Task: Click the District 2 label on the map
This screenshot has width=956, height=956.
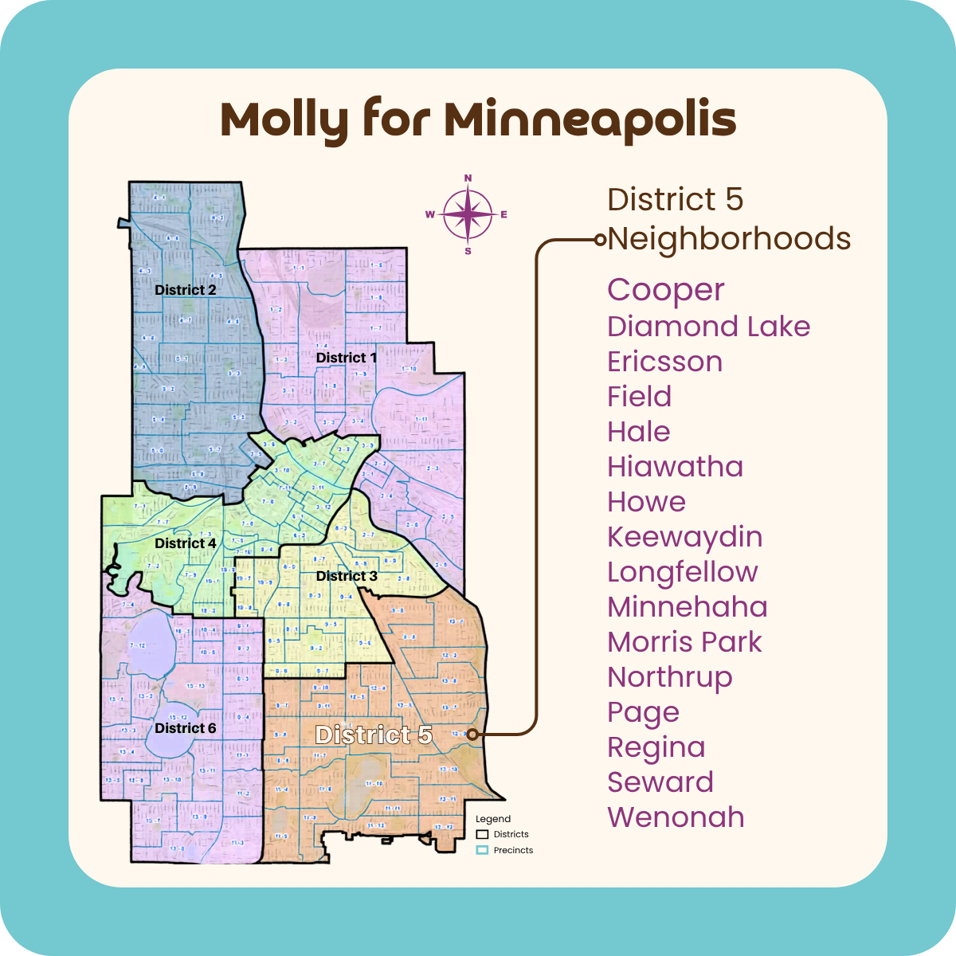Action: [x=185, y=290]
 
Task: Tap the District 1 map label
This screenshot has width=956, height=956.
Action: [x=346, y=358]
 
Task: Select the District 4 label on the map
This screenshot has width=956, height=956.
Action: [x=185, y=543]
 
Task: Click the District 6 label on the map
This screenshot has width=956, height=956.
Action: [x=185, y=728]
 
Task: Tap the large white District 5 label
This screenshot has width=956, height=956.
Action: [x=373, y=735]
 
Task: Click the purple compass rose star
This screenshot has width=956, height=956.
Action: [x=468, y=214]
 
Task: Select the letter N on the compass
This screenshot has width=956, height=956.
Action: [x=468, y=178]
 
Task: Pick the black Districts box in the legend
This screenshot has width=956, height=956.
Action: [x=482, y=834]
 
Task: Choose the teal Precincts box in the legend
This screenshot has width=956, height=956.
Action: [x=482, y=850]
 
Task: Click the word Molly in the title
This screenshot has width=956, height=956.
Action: [x=284, y=119]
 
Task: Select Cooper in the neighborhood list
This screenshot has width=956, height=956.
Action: [x=665, y=290]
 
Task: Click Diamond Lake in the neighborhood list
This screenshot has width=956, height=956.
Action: [x=708, y=327]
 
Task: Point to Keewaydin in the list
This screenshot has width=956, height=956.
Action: [x=684, y=537]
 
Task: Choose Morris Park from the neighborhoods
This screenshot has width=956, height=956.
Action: [x=684, y=642]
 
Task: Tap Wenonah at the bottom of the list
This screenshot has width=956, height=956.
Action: [x=676, y=817]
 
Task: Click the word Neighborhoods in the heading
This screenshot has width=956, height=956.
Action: [x=729, y=239]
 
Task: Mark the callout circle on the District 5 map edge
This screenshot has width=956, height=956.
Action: [x=472, y=735]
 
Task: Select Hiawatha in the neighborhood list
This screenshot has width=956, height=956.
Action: [x=675, y=467]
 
